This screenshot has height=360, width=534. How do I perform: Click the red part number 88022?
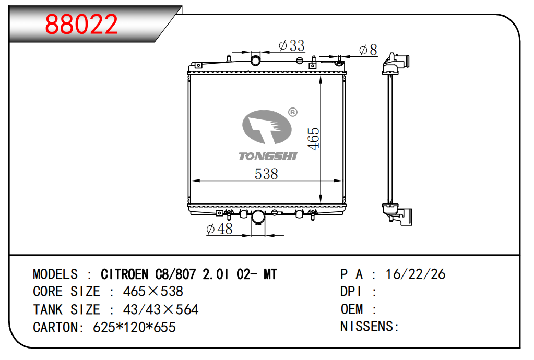pyautogui.click(x=81, y=24)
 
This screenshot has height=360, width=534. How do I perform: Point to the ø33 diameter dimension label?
pyautogui.click(x=291, y=45)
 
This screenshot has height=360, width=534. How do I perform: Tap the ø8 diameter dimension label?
pyautogui.click(x=368, y=50)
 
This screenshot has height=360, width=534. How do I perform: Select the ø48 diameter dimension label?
pyautogui.click(x=220, y=229)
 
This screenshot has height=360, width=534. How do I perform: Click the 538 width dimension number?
pyautogui.click(x=266, y=174)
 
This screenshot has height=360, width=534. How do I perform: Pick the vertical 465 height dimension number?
pyautogui.click(x=313, y=138)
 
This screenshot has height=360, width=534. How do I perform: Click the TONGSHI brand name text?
pyautogui.click(x=268, y=156)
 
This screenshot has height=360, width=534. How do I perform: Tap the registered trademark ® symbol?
pyautogui.click(x=292, y=112)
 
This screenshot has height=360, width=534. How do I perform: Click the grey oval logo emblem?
pyautogui.click(x=267, y=127)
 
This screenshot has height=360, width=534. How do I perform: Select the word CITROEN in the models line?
pyautogui.click(x=125, y=274)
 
